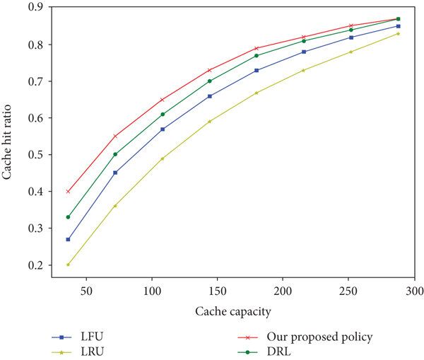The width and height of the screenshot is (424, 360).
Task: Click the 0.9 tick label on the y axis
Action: pyautogui.click(x=33, y=8)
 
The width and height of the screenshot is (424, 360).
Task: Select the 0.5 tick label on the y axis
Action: pyautogui.click(x=33, y=155)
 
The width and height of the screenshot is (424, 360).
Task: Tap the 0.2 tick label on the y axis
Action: pyautogui.click(x=33, y=265)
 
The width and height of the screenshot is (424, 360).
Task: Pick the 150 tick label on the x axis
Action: pyautogui.click(x=217, y=291)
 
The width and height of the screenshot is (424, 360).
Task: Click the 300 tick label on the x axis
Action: pyautogui.click(x=414, y=291)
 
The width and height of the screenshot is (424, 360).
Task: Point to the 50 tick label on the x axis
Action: pyautogui.click(x=86, y=291)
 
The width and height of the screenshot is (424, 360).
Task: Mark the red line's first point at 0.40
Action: pyautogui.click(x=68, y=191)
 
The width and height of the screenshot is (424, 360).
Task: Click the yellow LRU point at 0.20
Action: pyautogui.click(x=68, y=265)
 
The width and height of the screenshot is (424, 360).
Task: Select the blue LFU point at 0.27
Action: pyautogui.click(x=68, y=239)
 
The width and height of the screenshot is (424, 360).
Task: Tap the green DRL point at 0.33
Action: pyautogui.click(x=68, y=217)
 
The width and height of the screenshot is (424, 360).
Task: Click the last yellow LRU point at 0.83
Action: pyautogui.click(x=399, y=33)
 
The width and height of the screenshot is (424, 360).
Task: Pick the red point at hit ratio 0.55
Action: pyautogui.click(x=115, y=136)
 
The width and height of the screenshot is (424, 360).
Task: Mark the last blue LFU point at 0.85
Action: pyautogui.click(x=399, y=26)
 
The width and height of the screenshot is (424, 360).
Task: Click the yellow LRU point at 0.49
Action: pyautogui.click(x=163, y=158)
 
